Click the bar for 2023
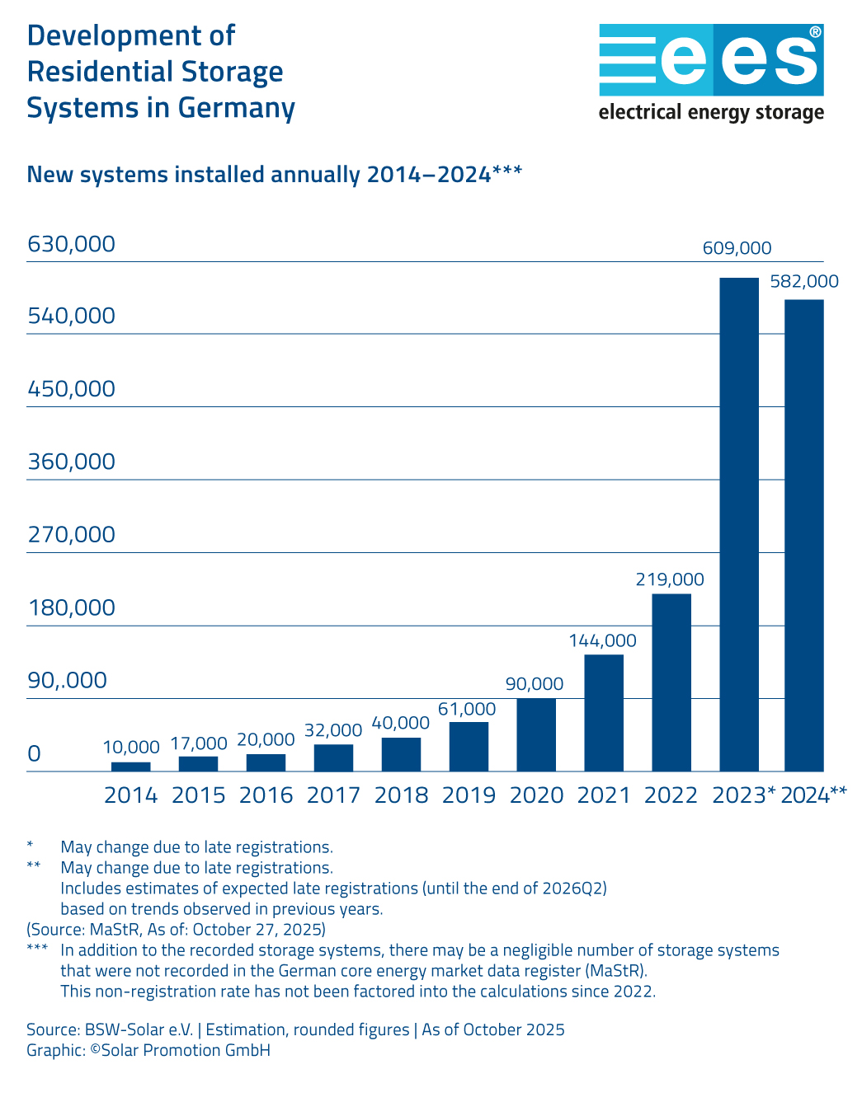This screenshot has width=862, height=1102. pos(739,524)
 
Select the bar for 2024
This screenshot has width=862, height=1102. pos(804,536)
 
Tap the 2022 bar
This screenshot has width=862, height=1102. pos(671,682)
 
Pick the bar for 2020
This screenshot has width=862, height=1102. pos(536,734)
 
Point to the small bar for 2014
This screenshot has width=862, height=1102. pos(131,767)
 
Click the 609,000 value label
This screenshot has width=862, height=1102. pos(737,248)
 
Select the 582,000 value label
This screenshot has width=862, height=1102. pos(804,282)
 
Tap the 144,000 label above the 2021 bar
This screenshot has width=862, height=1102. pos(602,640)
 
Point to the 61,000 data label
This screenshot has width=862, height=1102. pos(467,709)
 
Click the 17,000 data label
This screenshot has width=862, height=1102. pos(199,743)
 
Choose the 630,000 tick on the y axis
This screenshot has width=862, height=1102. pos(72,244)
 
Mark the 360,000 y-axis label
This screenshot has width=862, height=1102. pos(72,462)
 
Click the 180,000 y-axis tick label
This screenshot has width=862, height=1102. pos(72,607)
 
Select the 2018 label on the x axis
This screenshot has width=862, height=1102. pos(402,795)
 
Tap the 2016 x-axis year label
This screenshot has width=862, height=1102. pos(266,795)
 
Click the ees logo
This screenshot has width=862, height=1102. pos(711,61)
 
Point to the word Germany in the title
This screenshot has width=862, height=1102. pos(237,108)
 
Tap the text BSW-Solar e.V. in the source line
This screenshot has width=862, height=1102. pos(139,1029)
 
